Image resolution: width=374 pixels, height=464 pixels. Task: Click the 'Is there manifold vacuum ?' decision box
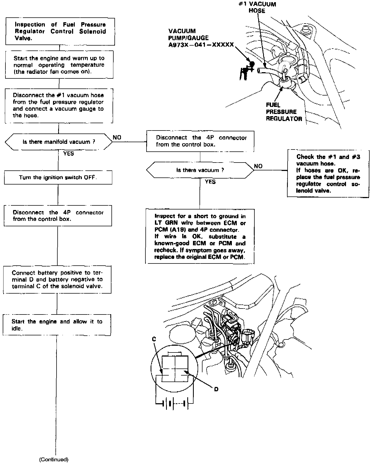59,142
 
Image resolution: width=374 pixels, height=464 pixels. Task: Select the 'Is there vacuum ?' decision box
200,170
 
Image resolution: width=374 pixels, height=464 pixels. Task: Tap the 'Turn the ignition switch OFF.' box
58,177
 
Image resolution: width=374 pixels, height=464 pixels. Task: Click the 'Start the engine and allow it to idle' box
57,325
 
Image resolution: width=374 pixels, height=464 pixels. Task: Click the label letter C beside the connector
154,339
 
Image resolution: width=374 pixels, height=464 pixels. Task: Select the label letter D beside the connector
216,389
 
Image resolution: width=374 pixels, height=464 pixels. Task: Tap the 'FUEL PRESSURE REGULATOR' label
284,112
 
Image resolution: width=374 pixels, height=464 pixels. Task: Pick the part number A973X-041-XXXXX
201,45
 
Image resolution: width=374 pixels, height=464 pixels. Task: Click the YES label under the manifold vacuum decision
68,154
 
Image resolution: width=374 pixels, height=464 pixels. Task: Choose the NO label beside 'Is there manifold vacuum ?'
117,138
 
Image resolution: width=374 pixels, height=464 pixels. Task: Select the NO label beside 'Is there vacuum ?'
258,166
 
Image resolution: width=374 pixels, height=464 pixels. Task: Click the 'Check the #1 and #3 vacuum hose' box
328,174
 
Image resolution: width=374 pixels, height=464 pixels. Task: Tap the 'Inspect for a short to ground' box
200,236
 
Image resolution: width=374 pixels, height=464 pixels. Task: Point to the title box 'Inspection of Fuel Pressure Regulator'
60,31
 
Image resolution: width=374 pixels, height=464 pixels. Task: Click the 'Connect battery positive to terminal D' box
57,279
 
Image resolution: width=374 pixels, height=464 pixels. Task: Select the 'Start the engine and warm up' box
59,65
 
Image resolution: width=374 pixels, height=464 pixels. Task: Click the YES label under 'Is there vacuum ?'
210,182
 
